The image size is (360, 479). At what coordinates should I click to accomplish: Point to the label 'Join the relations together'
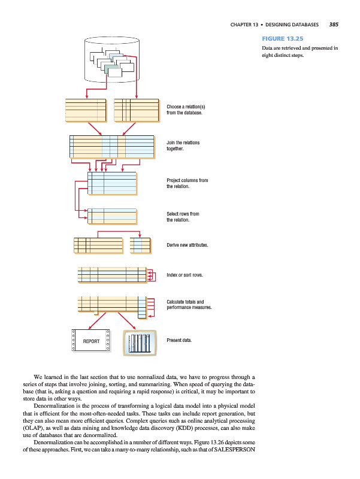(x=183, y=145)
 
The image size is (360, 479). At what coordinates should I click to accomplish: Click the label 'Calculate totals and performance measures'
(x=190, y=305)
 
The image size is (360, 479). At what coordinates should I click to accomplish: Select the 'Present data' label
(x=180, y=340)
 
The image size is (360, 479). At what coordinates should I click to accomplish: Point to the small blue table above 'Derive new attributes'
(x=141, y=245)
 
